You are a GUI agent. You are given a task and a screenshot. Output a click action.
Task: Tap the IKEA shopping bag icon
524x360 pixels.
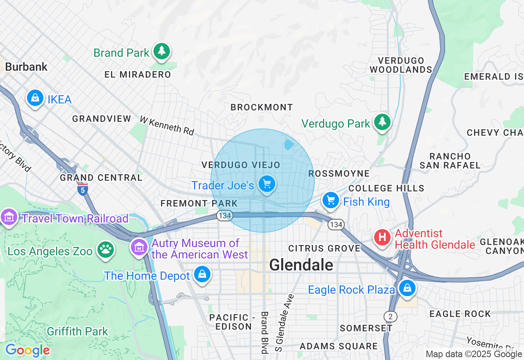35,98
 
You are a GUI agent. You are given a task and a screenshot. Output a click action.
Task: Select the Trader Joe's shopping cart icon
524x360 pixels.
267,184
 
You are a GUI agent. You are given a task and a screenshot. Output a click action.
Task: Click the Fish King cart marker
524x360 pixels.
330,200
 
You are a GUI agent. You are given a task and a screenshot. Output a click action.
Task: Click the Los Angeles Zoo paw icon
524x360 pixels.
105,250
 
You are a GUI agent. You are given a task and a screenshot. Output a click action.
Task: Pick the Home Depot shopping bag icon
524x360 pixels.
202,274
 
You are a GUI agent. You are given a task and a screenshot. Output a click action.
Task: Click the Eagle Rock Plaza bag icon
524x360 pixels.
407,288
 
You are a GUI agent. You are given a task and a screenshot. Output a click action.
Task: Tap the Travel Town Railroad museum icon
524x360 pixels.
9,217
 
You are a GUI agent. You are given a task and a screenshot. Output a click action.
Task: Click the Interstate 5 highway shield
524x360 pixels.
82,189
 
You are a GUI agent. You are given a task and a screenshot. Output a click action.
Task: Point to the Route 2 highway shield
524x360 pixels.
390,316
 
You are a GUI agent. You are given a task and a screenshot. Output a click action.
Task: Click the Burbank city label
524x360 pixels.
27,67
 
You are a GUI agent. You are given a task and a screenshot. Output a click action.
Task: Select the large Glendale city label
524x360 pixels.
301,265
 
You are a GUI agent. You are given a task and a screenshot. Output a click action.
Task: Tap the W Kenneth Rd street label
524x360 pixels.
167,126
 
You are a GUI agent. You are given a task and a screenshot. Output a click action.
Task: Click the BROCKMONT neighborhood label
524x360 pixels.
262,108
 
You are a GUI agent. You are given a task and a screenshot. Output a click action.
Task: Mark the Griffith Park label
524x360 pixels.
77,331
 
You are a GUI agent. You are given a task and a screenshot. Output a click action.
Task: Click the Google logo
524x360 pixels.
27,351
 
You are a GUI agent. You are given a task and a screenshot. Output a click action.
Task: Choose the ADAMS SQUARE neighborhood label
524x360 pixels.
339,346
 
